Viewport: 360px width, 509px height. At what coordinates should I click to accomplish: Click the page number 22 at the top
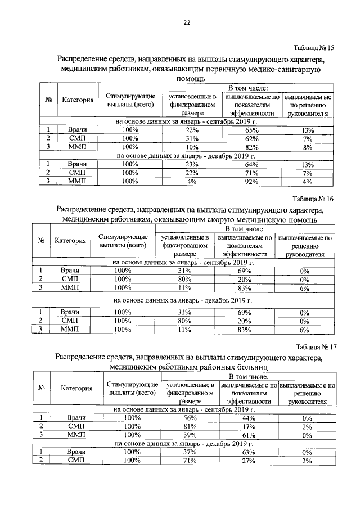click(187, 23)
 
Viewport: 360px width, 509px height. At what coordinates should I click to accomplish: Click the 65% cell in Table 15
click(248, 130)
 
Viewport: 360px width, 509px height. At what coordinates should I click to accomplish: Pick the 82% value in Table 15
click(248, 147)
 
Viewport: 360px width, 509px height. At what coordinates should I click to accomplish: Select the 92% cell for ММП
click(248, 181)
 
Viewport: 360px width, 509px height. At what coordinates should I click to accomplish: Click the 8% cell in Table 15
click(307, 147)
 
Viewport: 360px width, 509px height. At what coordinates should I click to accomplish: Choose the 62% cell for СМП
click(248, 139)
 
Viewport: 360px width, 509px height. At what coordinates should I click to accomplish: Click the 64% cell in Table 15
click(248, 164)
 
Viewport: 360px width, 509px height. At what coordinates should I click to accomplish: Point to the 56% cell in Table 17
click(189, 418)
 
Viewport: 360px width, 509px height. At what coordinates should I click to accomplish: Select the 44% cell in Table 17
click(248, 418)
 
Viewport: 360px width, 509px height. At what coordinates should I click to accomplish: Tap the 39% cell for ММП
click(189, 435)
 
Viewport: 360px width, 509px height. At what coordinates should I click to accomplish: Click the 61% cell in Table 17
click(248, 435)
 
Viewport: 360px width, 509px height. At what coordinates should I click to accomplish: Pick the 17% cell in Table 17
click(248, 426)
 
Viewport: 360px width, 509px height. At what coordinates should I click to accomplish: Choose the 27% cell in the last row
click(248, 461)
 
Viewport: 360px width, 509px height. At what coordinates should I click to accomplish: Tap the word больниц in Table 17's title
click(246, 367)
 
